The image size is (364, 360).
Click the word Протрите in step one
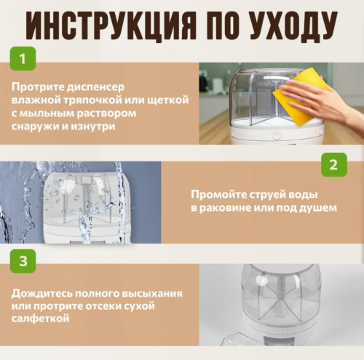point(36,87)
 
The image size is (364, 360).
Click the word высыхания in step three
point(154,293)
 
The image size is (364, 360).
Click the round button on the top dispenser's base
point(277,135)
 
